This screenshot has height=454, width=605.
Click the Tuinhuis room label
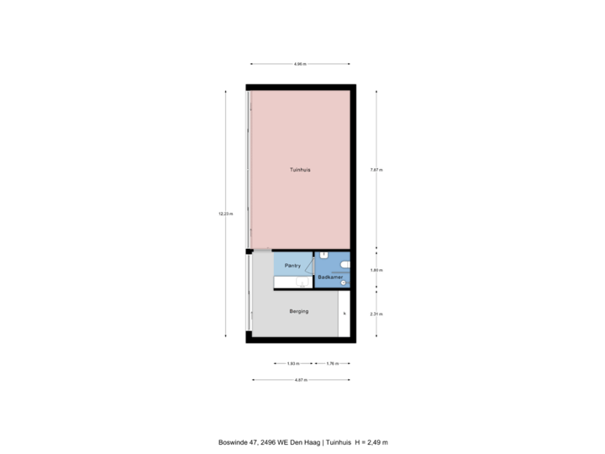click(x=300, y=169)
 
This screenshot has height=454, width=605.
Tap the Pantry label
click(x=292, y=265)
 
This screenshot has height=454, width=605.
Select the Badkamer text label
click(x=330, y=277)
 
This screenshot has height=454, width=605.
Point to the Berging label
click(x=298, y=311)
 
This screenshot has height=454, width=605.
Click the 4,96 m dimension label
click(x=299, y=64)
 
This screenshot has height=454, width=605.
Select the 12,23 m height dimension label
click(x=225, y=214)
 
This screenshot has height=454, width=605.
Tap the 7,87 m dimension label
click(x=376, y=170)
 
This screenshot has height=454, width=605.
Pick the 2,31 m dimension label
click(x=376, y=314)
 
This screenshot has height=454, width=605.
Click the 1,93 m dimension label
click(x=292, y=364)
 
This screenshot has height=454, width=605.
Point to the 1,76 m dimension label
click(x=332, y=364)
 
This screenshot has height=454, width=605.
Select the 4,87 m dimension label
click(x=300, y=380)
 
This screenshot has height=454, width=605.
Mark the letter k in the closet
click(x=344, y=314)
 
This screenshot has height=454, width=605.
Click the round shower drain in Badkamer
click(x=343, y=282)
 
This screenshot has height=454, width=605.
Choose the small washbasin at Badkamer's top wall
click(x=324, y=254)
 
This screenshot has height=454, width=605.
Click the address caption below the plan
click(x=302, y=441)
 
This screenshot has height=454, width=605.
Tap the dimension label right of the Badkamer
click(x=376, y=270)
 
